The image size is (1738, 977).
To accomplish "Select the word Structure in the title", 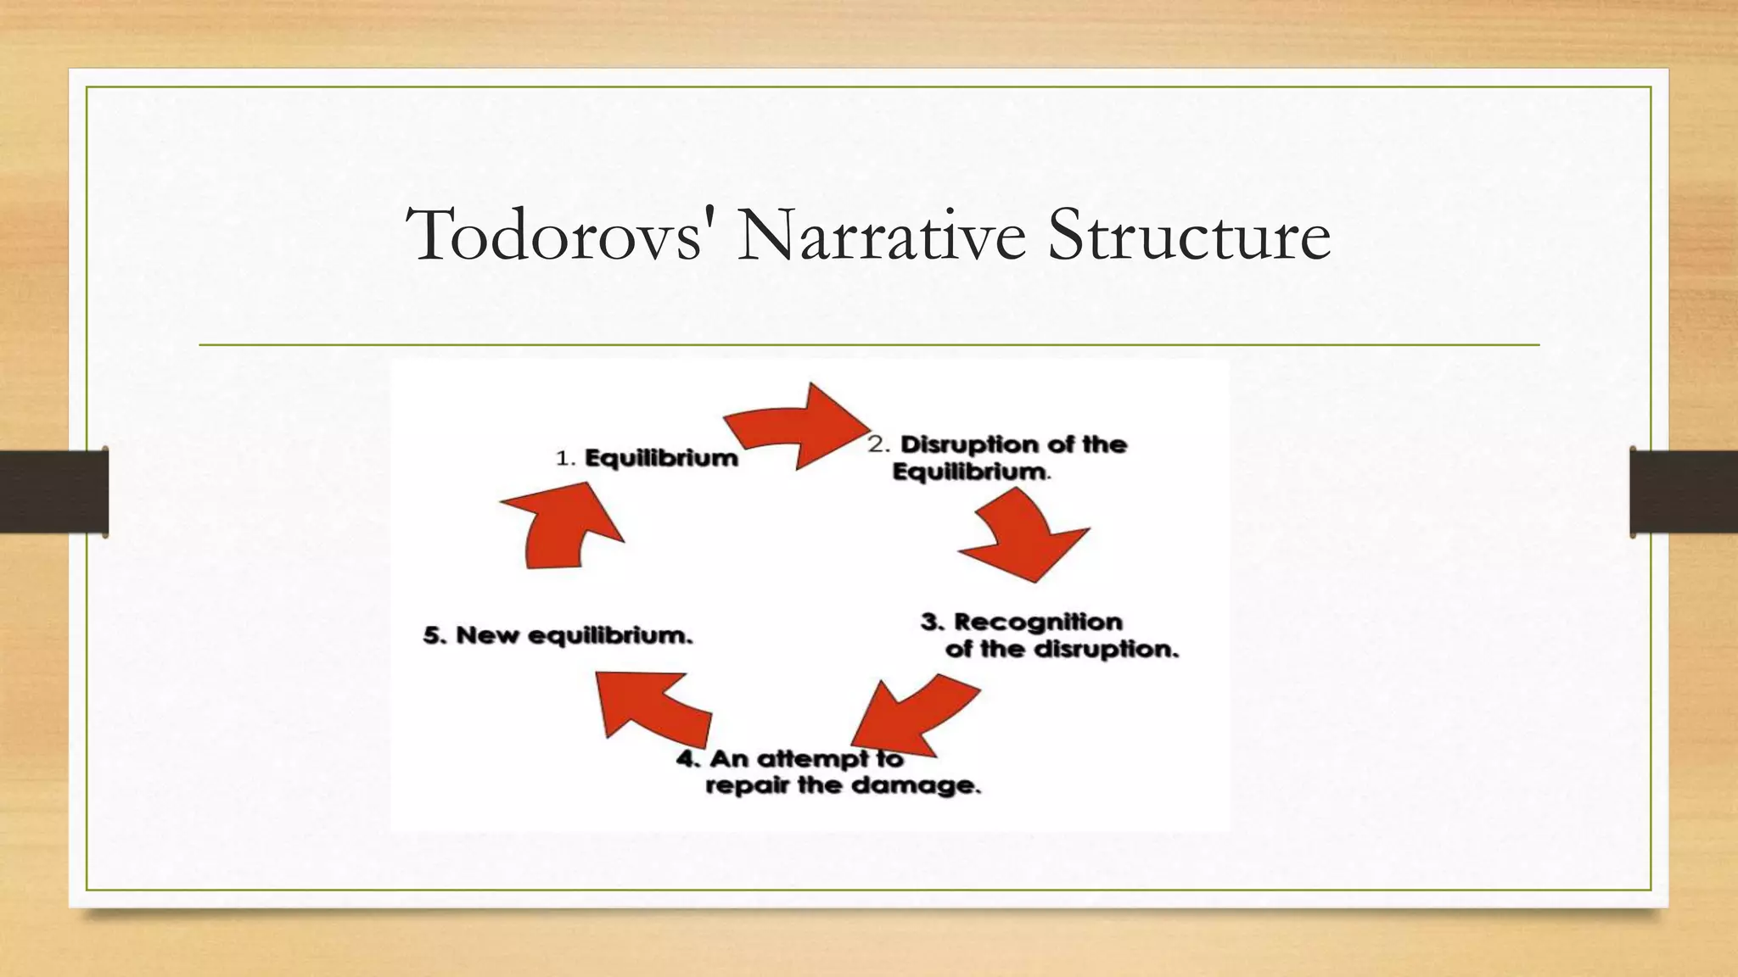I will pyautogui.click(x=1188, y=235).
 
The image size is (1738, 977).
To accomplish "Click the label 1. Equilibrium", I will pyautogui.click(x=647, y=459).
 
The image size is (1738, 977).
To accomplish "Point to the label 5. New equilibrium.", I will pyautogui.click(x=558, y=635).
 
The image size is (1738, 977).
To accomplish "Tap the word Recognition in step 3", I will pyautogui.click(x=1038, y=622).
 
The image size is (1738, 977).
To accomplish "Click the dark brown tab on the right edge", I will pyautogui.click(x=1684, y=492).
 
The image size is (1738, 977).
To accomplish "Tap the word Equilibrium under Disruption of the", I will pyautogui.click(x=970, y=472).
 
